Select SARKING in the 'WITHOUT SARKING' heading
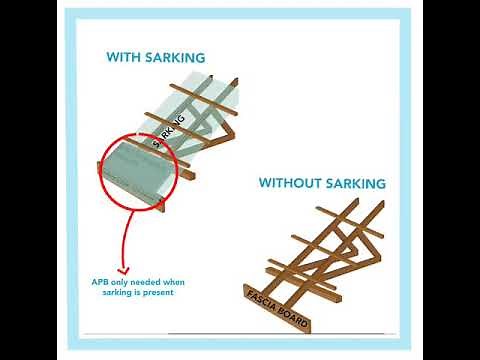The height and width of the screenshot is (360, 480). click(358, 184)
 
